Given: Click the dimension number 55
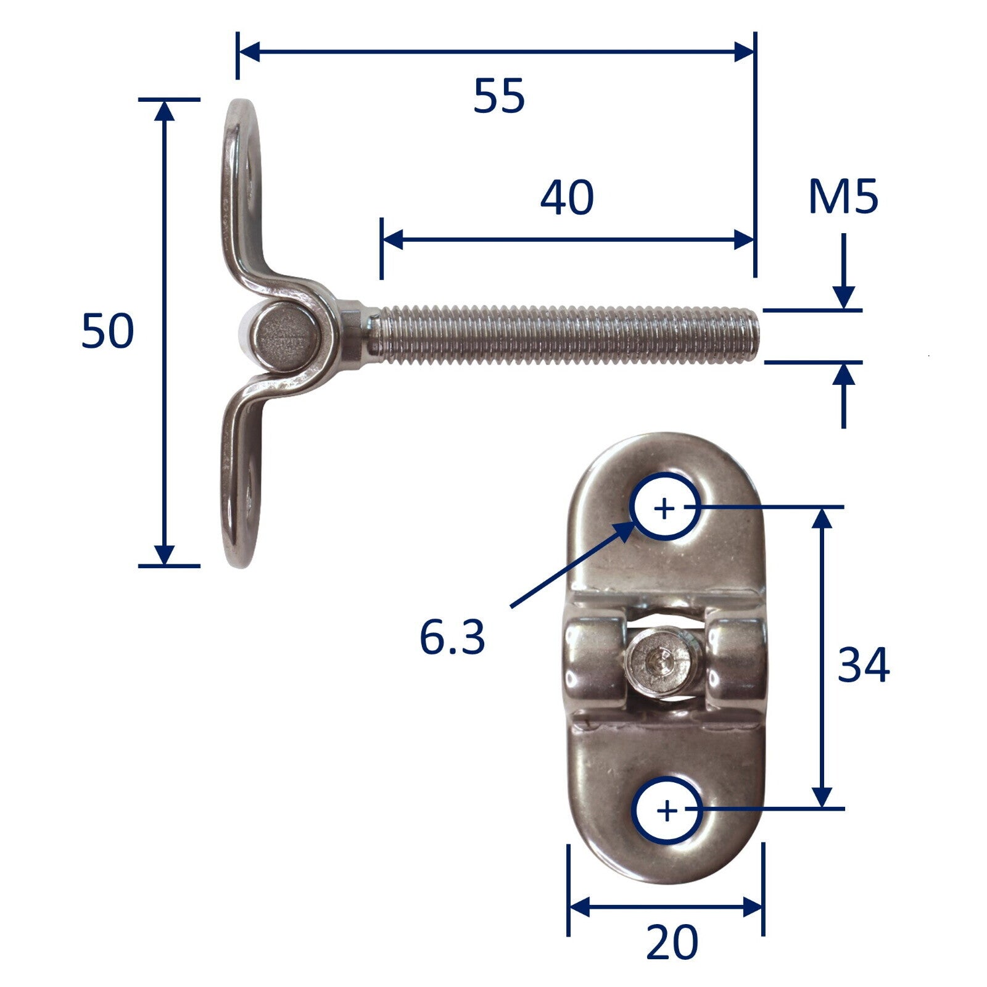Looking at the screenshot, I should [x=499, y=96].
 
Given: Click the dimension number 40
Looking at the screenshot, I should [x=566, y=198].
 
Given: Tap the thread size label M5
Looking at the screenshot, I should [x=843, y=198].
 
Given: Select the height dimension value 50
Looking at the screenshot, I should [x=107, y=331].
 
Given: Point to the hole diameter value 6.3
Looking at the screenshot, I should [x=452, y=637].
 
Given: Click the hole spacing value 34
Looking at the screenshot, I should [x=863, y=666].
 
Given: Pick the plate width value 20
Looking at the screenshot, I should [x=672, y=942].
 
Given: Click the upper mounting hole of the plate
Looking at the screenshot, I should [x=664, y=507].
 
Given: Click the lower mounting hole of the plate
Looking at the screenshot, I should [x=667, y=810].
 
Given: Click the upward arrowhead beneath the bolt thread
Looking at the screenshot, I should [x=843, y=374].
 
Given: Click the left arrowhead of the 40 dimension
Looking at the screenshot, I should [x=392, y=239].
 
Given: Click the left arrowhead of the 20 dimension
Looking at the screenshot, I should [x=578, y=907].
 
